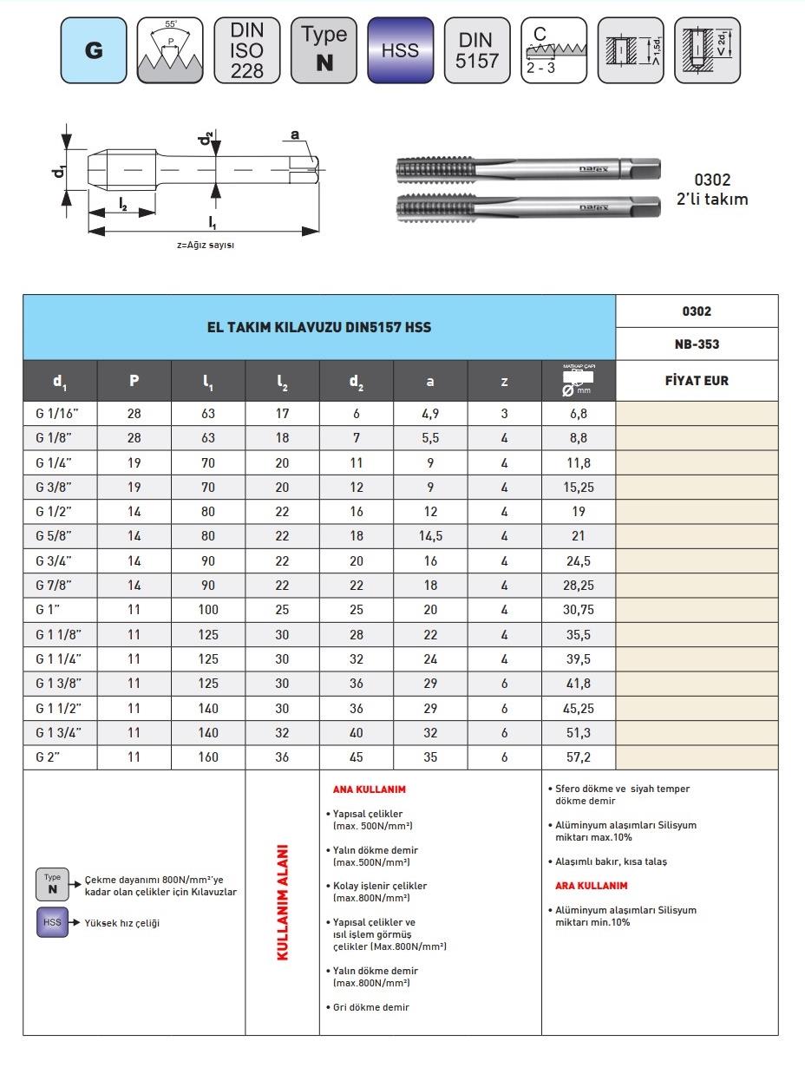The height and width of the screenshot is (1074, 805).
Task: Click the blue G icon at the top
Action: [x=94, y=50]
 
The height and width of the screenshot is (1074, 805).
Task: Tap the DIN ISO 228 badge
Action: [x=246, y=50]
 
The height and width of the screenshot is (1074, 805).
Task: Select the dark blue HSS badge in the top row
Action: [x=400, y=50]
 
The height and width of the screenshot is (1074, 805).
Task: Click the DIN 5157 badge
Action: [x=477, y=50]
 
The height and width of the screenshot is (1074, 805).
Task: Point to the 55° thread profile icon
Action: [x=170, y=50]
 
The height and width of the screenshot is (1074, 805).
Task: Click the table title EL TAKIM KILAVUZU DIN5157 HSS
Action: [x=318, y=327]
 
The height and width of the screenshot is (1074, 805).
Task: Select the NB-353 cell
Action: [x=697, y=344]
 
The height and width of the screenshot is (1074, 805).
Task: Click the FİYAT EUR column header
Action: [x=697, y=380]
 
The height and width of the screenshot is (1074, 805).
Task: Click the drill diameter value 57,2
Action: [x=578, y=756]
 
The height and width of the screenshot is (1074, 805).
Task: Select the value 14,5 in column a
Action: [x=430, y=536]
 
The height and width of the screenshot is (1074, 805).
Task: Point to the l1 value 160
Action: [x=208, y=756]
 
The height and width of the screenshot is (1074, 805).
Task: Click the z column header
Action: [x=504, y=381]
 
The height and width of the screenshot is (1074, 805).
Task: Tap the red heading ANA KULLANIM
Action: [x=370, y=789]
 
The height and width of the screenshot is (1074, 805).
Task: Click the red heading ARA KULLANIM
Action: [x=591, y=886]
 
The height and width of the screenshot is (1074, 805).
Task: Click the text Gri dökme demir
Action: [x=371, y=1007]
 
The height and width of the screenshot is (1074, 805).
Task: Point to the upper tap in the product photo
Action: [x=527, y=170]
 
